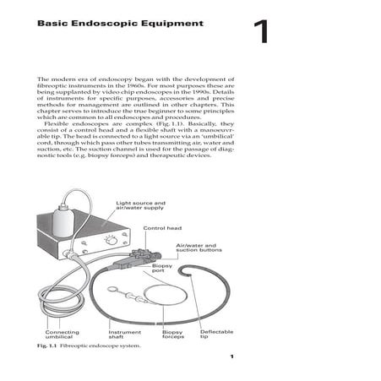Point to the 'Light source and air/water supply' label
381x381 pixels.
point(141,208)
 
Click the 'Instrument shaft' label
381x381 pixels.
point(125,335)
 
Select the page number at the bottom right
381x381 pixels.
point(231,358)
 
